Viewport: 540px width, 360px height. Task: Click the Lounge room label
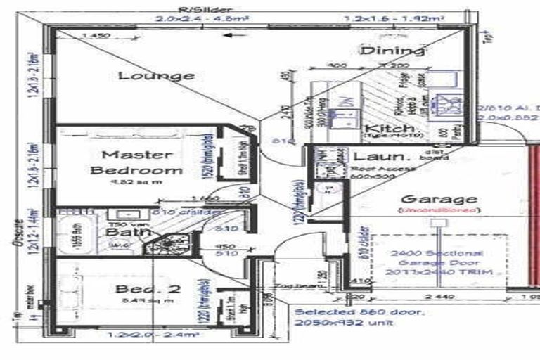(x=156, y=75)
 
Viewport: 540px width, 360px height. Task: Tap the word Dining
(x=392, y=50)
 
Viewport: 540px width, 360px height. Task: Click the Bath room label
(x=122, y=232)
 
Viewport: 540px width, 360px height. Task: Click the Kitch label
(x=383, y=129)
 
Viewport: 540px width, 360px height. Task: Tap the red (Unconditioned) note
(x=438, y=210)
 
